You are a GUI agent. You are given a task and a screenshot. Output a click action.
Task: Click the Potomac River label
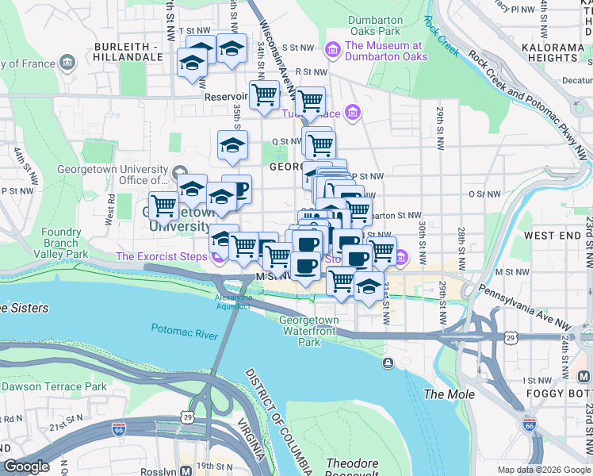point(184,330)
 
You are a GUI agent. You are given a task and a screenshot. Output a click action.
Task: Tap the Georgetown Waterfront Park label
point(309,331)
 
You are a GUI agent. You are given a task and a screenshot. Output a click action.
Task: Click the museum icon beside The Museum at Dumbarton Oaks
point(332,50)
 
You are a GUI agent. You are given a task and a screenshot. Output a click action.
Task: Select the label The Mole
point(450,394)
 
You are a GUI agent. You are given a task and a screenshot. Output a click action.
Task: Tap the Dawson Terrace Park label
point(54,386)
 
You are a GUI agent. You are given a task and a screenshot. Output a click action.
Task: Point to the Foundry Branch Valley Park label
point(62,243)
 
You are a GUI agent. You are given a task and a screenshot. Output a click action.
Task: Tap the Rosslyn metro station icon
point(186,470)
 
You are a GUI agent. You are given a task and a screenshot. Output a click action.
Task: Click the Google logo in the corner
point(26,466)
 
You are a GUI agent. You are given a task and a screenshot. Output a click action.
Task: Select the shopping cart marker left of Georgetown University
point(163,205)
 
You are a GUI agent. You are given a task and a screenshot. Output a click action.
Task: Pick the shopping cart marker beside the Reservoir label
point(264,95)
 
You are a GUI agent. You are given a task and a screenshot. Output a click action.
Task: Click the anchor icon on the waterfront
point(388,363)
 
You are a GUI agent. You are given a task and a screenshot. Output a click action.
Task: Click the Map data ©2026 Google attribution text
point(542,470)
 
